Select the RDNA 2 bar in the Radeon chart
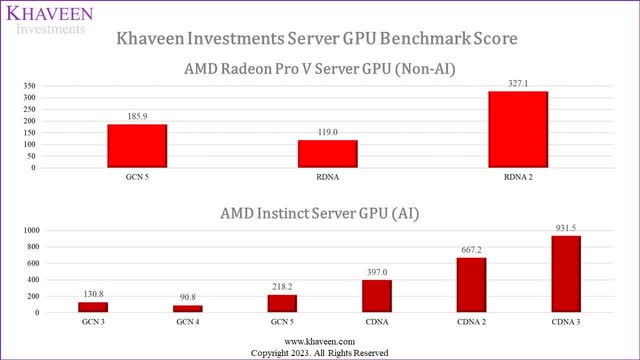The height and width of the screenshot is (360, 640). pos(517,130)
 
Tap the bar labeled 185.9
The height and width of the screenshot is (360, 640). pos(137,146)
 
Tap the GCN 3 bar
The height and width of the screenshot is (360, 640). pos(92,307)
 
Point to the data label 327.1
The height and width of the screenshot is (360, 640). pos(517,84)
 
